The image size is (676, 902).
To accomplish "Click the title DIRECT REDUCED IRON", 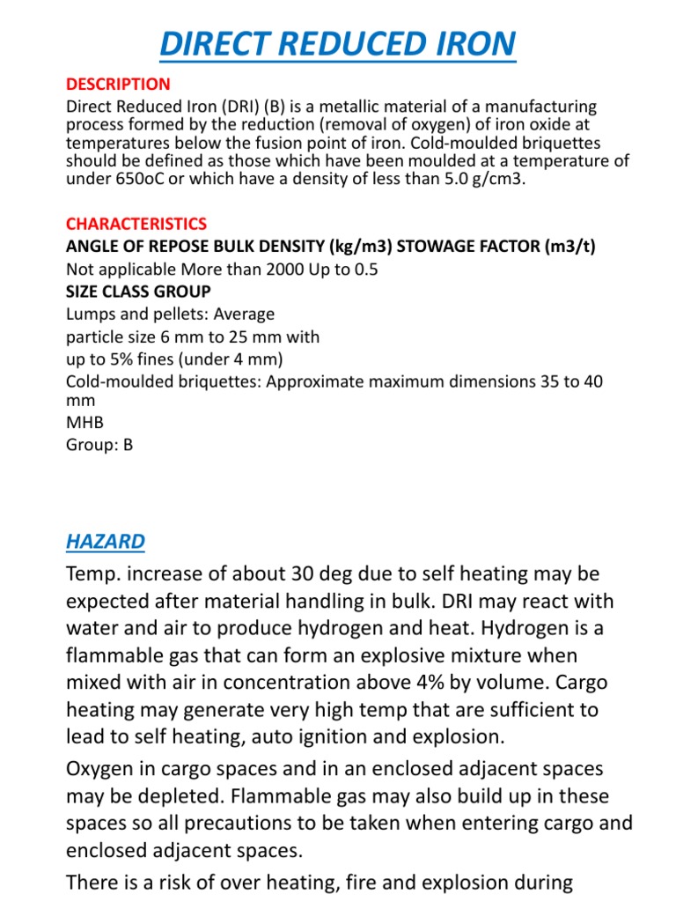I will tap(337, 43).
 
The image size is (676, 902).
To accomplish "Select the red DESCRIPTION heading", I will tap(119, 85).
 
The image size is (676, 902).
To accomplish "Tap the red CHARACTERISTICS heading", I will tap(136, 224).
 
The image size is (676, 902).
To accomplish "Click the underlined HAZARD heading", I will tap(106, 541).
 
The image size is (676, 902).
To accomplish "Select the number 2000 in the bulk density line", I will tap(275, 270).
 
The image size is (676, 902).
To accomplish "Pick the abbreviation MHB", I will tap(85, 423).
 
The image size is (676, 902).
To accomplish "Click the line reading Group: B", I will tap(99, 445).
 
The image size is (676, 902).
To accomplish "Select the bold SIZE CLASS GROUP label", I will tap(138, 292).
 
